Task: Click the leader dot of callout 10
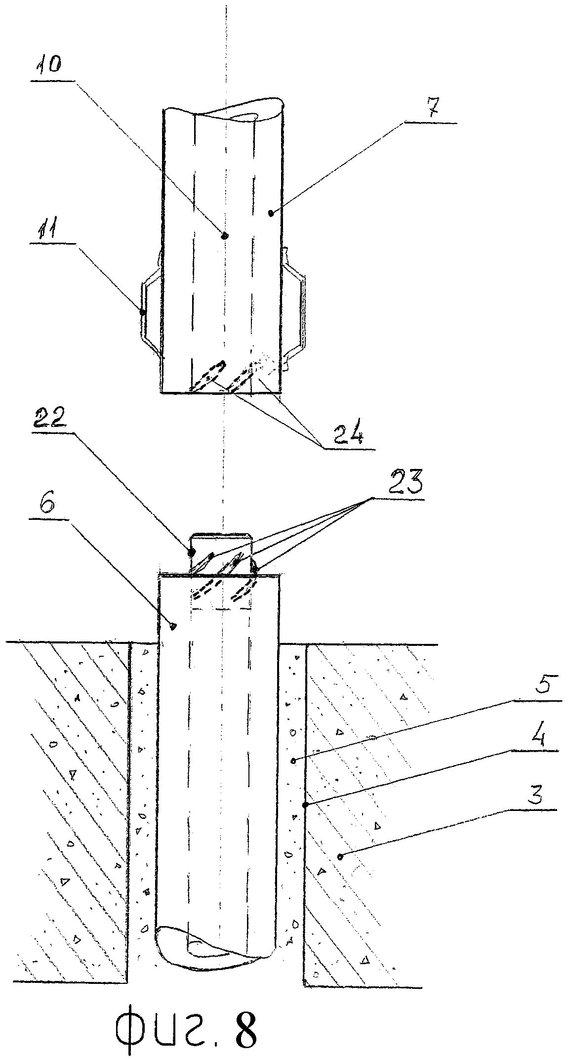point(225,236)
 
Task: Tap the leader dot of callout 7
point(271,213)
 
